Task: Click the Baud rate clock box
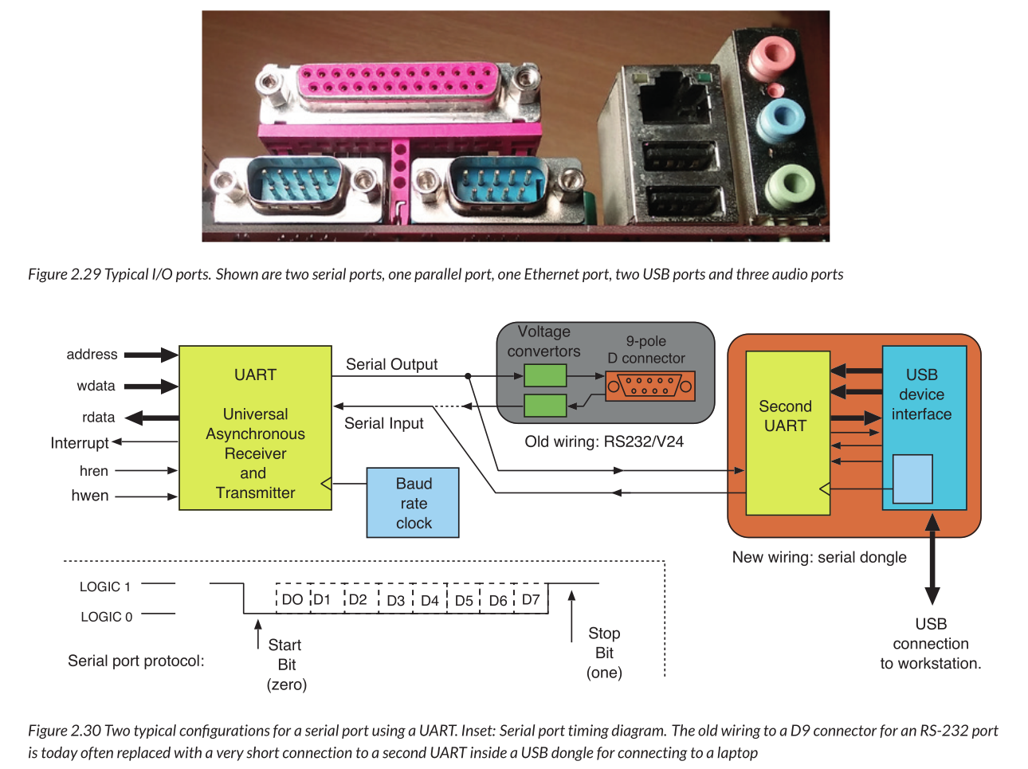coord(413,503)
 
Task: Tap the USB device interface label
coord(921,394)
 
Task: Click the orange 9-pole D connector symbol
coord(649,386)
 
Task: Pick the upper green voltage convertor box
coord(545,375)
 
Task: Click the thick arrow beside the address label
coord(151,355)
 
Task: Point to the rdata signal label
coord(99,418)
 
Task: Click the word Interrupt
coord(79,443)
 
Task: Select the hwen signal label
coord(90,496)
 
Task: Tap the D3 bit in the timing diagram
coord(395,600)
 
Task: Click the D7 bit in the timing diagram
coord(531,599)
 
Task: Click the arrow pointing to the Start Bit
coord(257,634)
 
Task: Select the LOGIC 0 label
coord(106,617)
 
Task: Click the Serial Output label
coord(391,364)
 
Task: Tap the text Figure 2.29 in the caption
coord(64,274)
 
